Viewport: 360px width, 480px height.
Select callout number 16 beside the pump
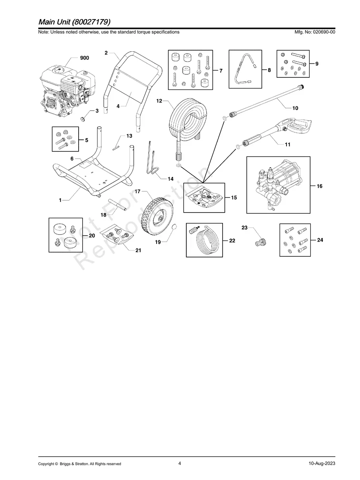pos(319,186)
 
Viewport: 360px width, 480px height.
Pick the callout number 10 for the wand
pos(295,108)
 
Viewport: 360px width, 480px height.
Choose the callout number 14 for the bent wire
pos(170,179)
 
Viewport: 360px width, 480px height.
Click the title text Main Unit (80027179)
pos(74,21)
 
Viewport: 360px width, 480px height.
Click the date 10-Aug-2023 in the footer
pos(322,463)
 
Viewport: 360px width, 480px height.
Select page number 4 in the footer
pos(180,463)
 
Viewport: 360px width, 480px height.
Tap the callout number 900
pos(85,58)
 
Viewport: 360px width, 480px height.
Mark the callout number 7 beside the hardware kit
pos(221,71)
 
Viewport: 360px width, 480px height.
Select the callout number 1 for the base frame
pos(60,201)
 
